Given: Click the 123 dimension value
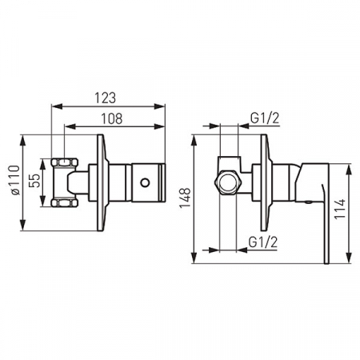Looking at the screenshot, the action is (106, 98).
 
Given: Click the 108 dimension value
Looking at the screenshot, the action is (112, 118).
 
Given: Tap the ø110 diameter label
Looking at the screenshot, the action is (14, 180).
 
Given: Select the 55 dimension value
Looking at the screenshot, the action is (34, 180).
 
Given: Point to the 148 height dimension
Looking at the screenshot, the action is (185, 198).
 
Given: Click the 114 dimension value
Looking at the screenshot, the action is (340, 209).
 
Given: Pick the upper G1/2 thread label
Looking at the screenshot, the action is (265, 118).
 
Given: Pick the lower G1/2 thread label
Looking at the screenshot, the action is (263, 242).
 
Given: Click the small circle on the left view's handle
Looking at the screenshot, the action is (145, 182).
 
